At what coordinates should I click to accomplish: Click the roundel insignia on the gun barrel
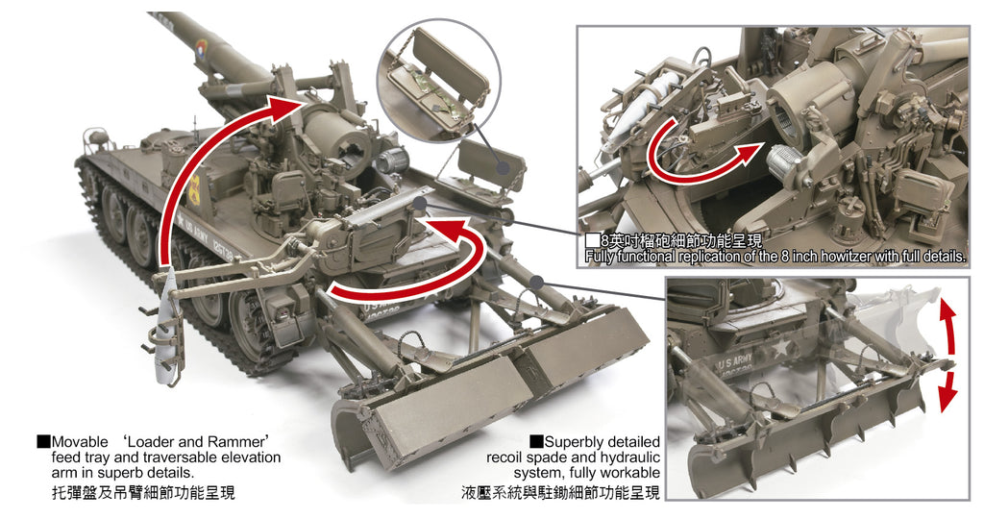click(x=202, y=48)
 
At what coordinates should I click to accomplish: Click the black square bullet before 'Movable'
click(x=43, y=441)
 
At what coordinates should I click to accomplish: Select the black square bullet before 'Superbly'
click(x=536, y=441)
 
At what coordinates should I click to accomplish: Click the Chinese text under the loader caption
click(x=143, y=493)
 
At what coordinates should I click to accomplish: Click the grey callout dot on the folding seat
click(x=503, y=167)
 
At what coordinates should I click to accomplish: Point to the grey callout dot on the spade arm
click(x=536, y=282)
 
